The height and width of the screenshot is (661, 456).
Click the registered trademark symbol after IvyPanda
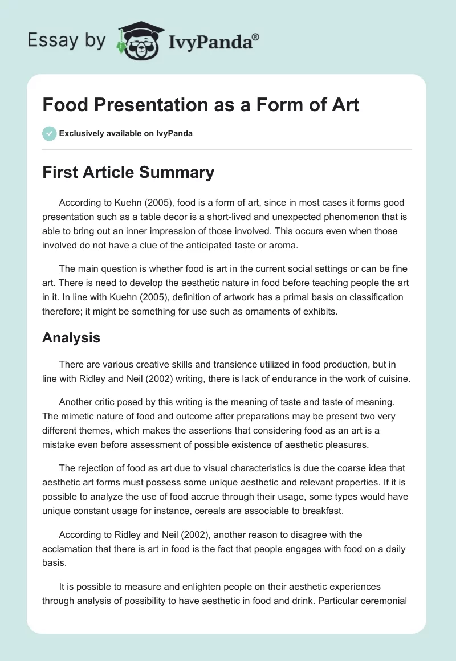[256, 37]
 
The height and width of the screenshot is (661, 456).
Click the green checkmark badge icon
[49, 133]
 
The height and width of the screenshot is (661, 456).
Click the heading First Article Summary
[128, 172]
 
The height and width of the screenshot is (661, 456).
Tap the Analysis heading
[71, 337]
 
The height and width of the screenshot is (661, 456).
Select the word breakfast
[321, 510]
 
